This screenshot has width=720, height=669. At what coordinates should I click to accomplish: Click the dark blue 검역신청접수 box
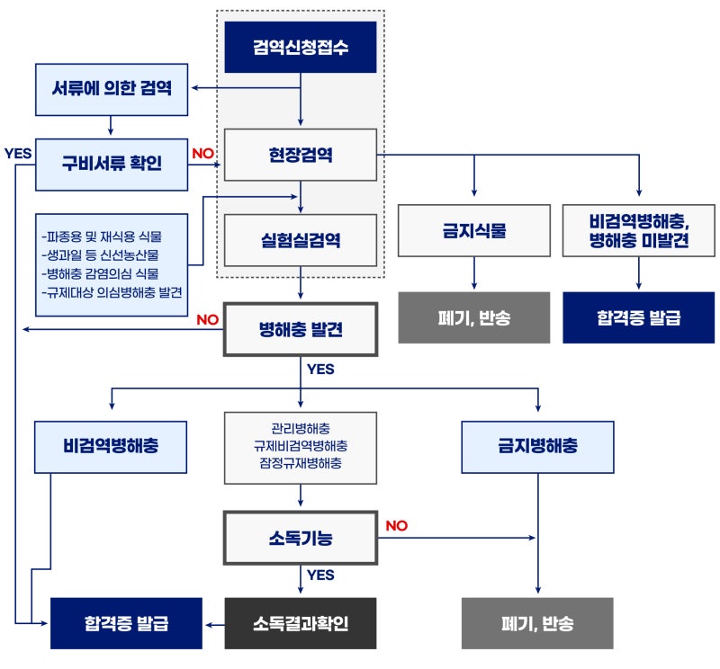coord(300,47)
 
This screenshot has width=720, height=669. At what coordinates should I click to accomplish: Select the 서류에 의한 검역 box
coord(112,88)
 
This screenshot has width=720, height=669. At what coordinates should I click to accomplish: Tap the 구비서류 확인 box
coord(112,164)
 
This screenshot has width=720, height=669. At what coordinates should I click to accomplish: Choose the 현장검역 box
coord(300,155)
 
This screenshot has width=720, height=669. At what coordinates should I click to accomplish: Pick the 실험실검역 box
coord(300,240)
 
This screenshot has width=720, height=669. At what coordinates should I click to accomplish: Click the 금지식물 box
coord(473,230)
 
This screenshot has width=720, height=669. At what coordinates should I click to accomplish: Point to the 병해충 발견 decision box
coord(300,330)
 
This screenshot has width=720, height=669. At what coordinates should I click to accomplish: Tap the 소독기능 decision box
coord(300,540)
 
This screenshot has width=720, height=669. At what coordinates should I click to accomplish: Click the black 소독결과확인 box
coord(300,622)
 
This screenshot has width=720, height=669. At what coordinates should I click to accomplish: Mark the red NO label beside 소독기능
coord(396,526)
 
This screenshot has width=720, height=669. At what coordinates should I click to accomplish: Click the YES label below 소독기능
coord(320,575)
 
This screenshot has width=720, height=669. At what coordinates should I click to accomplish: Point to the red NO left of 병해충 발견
coord(207,319)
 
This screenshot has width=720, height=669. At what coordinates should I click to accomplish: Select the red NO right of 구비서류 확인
coord(203,153)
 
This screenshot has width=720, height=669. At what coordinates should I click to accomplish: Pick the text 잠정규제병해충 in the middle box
coord(300,462)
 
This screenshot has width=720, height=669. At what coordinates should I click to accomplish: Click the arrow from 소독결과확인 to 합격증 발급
coord(213,622)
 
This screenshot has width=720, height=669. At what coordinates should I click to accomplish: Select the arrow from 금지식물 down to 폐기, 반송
coord(473,273)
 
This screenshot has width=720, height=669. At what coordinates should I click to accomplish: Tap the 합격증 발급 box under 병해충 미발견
coord(638,317)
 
